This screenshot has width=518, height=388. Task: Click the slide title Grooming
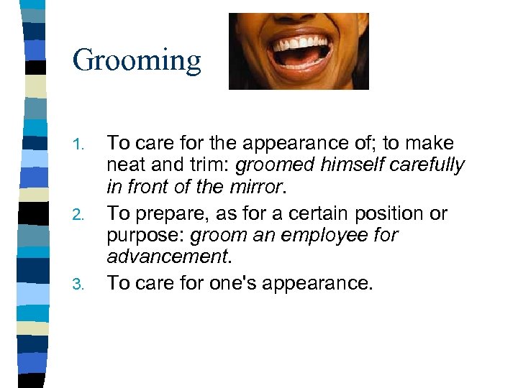[137, 60]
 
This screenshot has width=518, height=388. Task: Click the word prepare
[167, 214]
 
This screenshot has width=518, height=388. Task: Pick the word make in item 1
[431, 144]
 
